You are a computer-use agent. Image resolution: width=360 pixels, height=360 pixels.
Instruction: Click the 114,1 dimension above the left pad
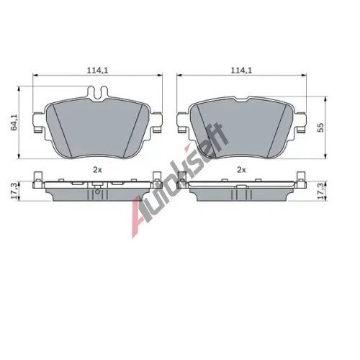tap(97, 71)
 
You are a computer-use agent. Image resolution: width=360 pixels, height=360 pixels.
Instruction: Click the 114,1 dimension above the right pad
tap(241, 71)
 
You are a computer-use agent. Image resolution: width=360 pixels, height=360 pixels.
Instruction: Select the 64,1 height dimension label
tap(14, 122)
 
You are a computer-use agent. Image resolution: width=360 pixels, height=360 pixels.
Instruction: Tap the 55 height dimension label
tap(320, 127)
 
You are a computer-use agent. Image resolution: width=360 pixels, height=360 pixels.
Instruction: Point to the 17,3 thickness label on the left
tap(14, 191)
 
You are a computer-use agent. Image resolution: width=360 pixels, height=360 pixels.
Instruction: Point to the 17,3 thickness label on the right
tap(320, 191)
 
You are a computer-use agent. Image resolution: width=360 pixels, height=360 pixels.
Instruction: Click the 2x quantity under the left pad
tap(97, 170)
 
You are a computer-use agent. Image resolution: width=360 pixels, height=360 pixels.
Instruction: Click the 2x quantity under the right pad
tap(241, 170)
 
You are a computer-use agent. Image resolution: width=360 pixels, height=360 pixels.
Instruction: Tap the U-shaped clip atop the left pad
tap(98, 93)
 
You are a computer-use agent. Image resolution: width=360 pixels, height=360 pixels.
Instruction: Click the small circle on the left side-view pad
tap(97, 192)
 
